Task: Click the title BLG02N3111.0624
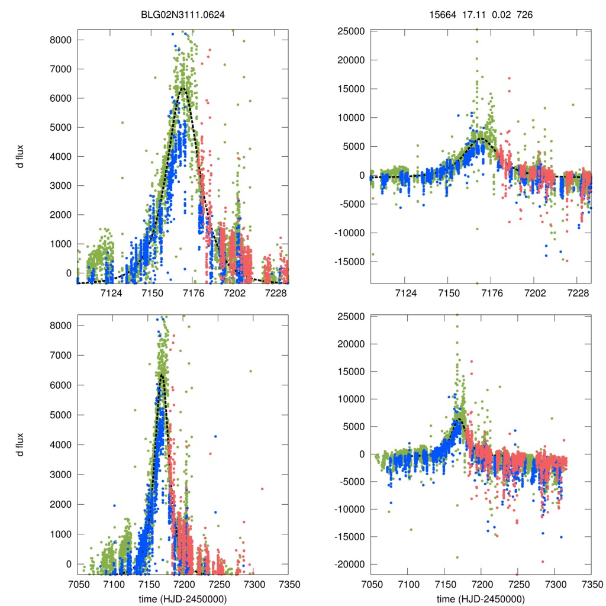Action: (183, 14)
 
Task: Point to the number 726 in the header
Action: (525, 14)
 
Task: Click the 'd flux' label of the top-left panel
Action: (20, 156)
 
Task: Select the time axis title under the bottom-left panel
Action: (183, 599)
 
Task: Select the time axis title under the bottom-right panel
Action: (481, 599)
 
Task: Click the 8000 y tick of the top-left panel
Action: (61, 40)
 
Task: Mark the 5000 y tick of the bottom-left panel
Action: (61, 415)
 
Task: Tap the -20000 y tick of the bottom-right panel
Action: (349, 564)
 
